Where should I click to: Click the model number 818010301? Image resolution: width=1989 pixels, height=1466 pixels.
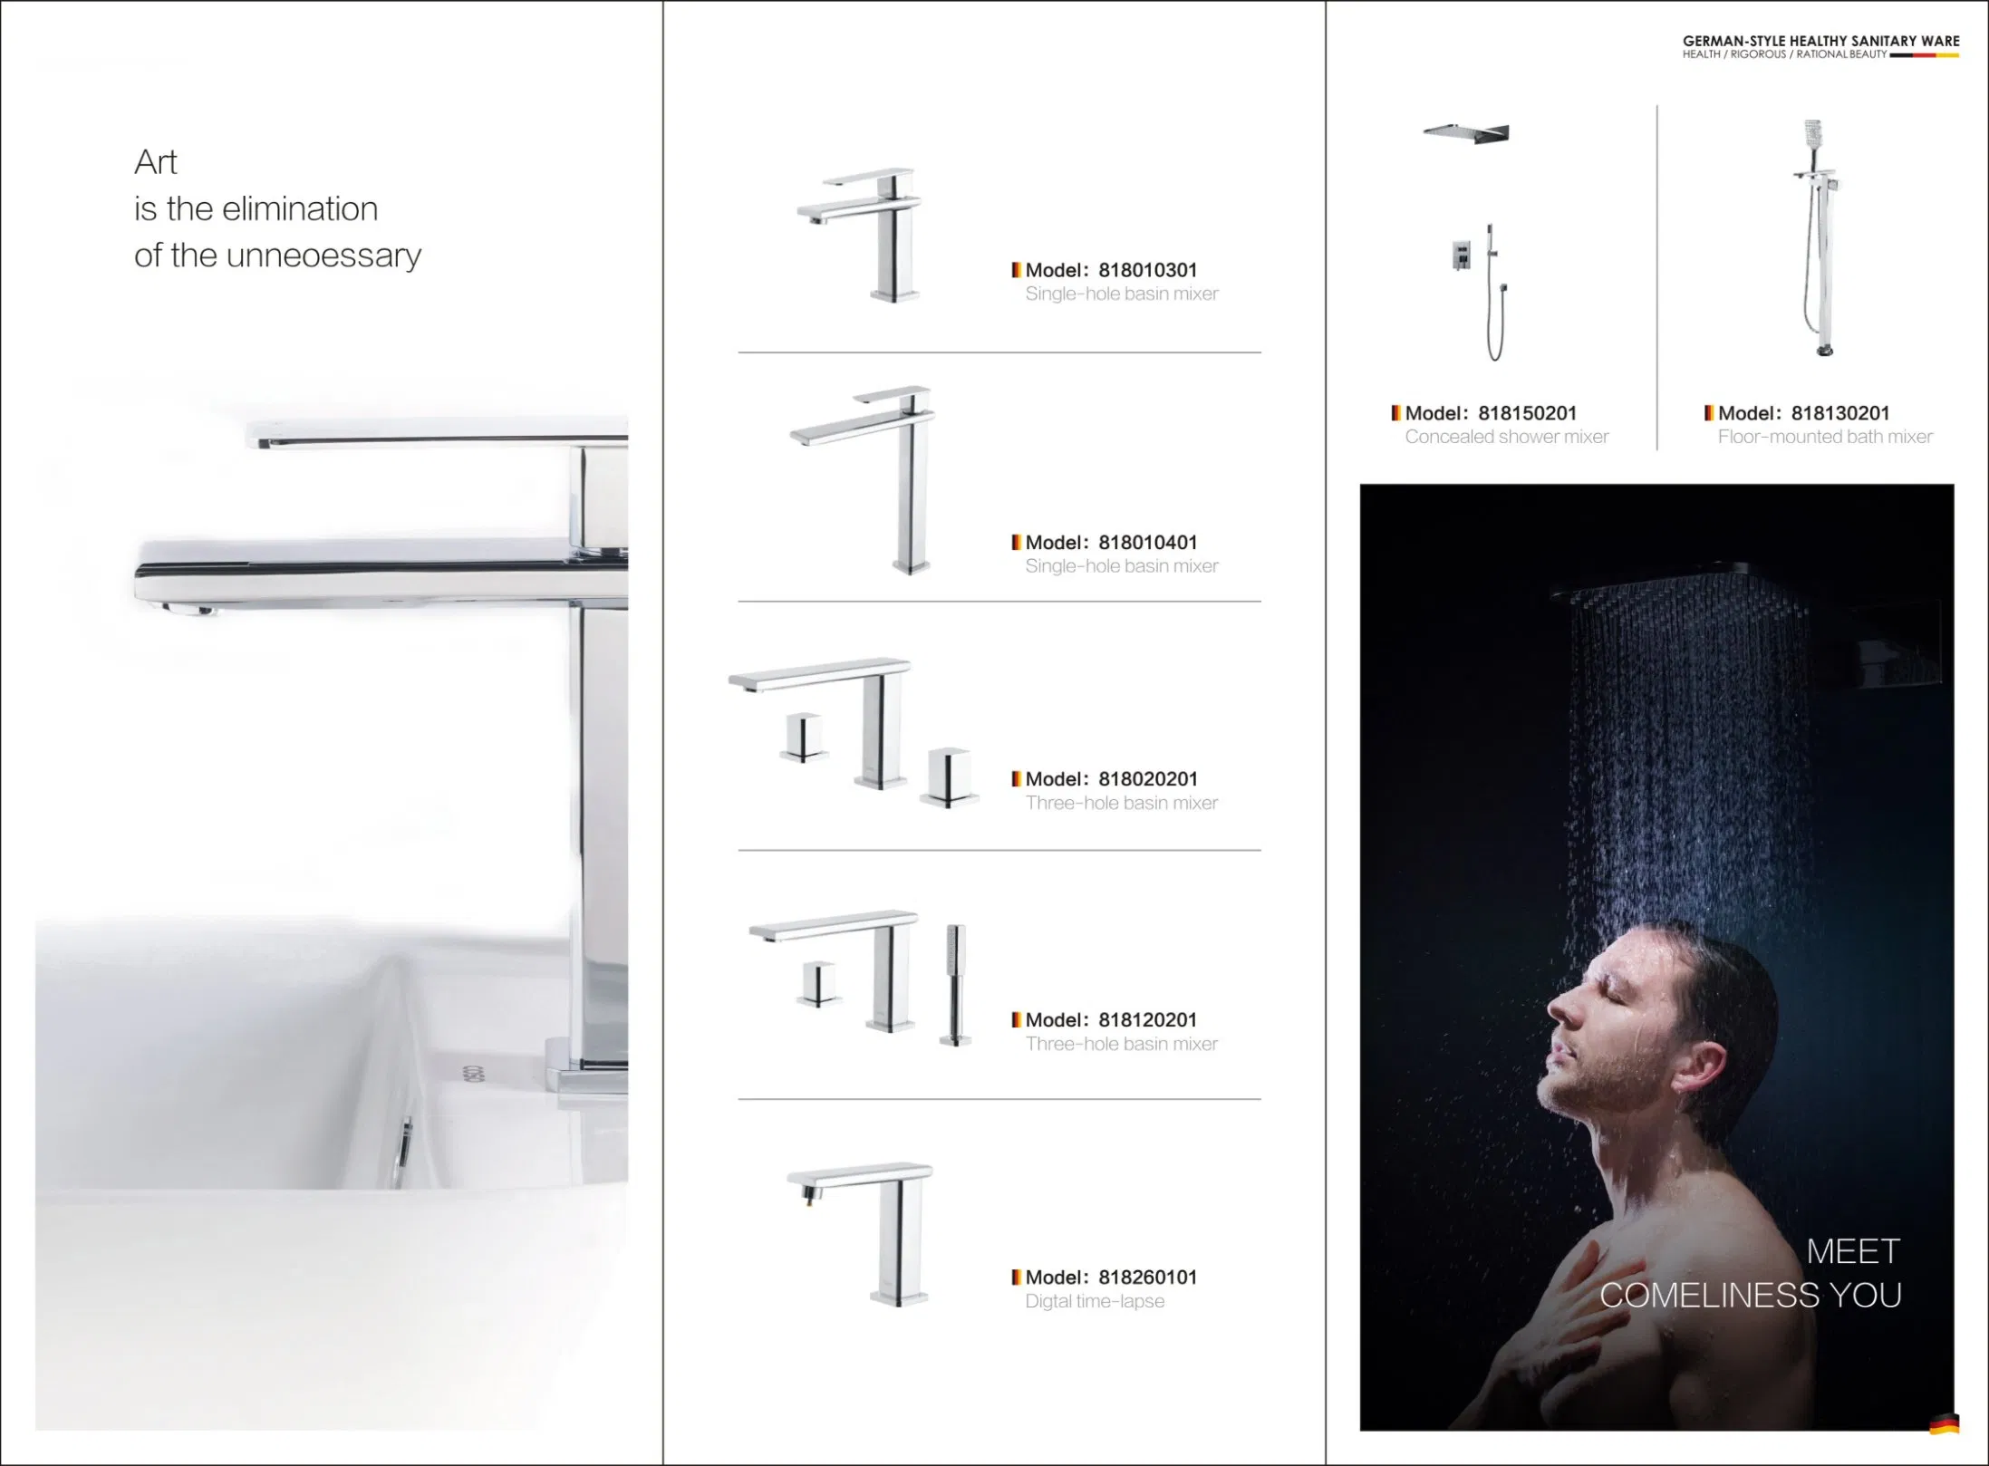click(1147, 270)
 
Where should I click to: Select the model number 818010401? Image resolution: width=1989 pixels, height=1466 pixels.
click(1147, 543)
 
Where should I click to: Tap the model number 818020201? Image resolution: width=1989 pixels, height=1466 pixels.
click(1147, 779)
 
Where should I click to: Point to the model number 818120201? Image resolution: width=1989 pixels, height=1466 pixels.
click(1147, 1020)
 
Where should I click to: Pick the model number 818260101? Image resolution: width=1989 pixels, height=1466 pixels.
click(1147, 1278)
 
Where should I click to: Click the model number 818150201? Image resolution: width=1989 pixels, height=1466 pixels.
click(1527, 413)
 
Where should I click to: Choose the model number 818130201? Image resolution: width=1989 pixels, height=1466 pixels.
click(1839, 413)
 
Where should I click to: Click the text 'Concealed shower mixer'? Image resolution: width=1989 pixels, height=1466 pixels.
click(1506, 437)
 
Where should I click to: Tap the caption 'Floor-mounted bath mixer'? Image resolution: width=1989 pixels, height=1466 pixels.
click(1824, 437)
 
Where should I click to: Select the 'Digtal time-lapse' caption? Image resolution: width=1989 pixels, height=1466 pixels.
click(1095, 1301)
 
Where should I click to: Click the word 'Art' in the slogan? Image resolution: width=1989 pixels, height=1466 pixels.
click(156, 162)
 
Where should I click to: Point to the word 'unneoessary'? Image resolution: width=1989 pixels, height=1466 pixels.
click(323, 256)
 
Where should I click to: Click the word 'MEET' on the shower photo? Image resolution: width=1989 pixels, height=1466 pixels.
click(1853, 1251)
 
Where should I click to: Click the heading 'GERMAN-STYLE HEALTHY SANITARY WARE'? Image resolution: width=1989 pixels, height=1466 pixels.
click(1820, 41)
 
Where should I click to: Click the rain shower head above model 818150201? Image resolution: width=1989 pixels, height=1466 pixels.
click(1466, 133)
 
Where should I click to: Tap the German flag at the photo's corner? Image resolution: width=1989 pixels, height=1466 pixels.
click(1944, 1424)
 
